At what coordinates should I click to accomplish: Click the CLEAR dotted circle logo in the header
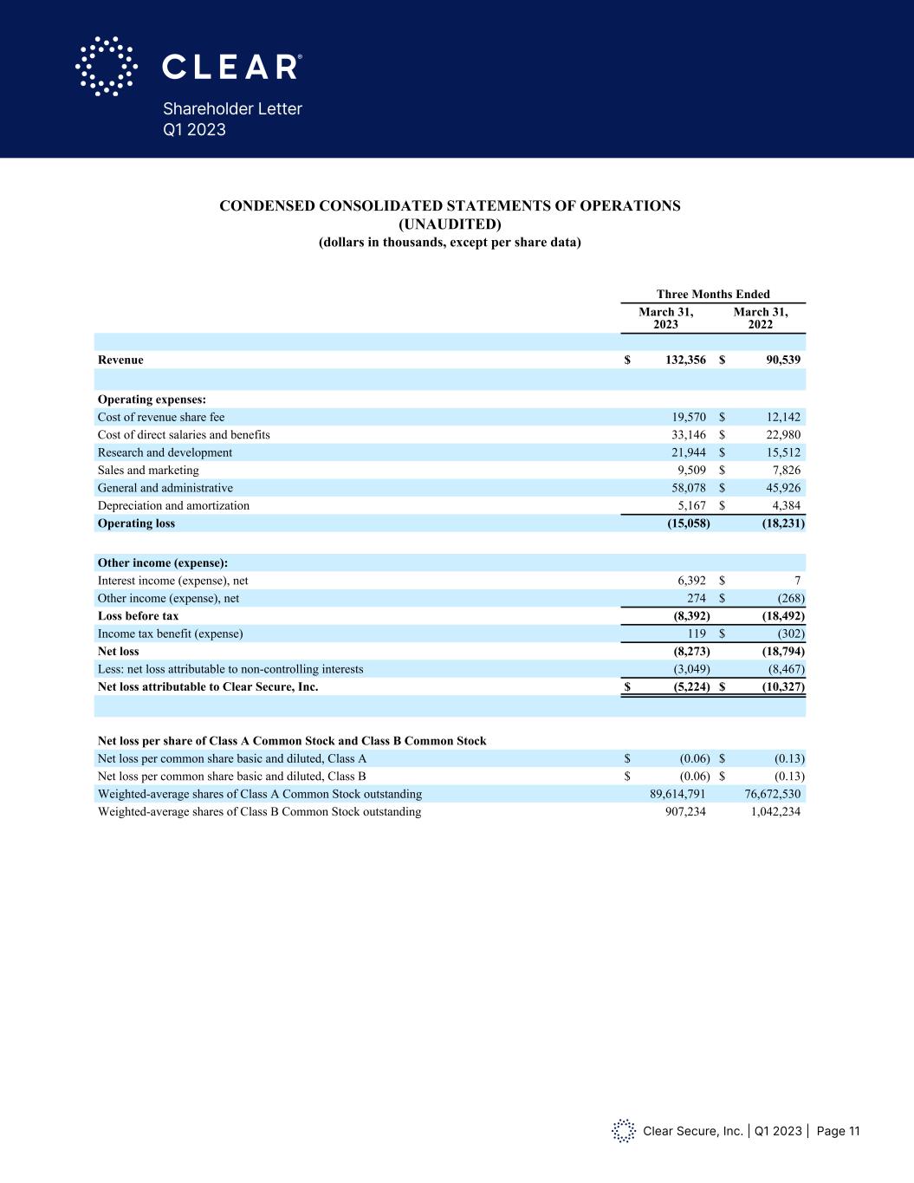pos(107,66)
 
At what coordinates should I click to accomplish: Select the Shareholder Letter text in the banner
pos(232,109)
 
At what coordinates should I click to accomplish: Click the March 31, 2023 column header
pos(665,318)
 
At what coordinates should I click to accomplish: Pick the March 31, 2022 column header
pos(760,318)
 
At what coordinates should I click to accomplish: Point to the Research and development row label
pos(165,452)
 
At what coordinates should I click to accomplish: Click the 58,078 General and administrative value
pos(689,488)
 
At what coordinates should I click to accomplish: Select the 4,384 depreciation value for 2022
pos(783,505)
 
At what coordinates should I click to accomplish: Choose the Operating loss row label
pos(136,523)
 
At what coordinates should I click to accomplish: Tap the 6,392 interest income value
pos(691,581)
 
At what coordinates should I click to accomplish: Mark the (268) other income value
pos(789,598)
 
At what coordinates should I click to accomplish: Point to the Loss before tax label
pos(138,616)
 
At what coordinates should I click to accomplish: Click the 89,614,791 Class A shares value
pos(677,794)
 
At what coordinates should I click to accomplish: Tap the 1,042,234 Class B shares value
pos(772,812)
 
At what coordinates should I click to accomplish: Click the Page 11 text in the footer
pos(838,1131)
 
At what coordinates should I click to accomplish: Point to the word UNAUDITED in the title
pos(449,224)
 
